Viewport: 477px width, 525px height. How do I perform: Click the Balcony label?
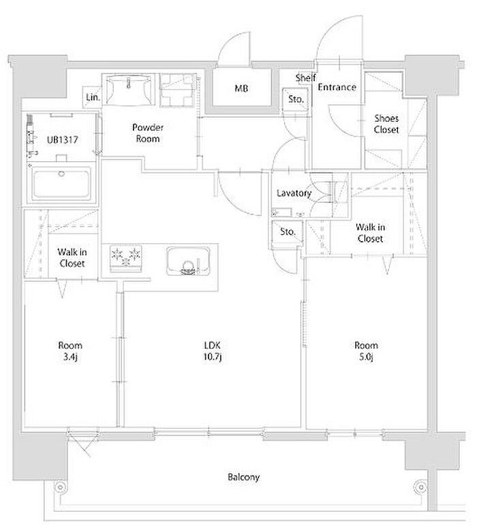(x=244, y=477)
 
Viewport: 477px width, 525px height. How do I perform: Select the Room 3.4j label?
(x=70, y=351)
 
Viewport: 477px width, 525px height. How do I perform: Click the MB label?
(x=241, y=88)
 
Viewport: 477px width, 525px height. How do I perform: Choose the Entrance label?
(x=337, y=87)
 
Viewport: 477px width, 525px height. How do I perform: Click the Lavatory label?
(x=294, y=193)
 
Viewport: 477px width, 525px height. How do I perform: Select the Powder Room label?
(x=147, y=133)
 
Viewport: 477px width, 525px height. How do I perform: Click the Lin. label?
(x=93, y=98)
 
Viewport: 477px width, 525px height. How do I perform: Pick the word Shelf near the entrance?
(x=305, y=78)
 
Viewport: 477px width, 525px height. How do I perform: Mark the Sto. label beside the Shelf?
(x=296, y=99)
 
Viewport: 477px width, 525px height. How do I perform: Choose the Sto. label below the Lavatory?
(x=288, y=232)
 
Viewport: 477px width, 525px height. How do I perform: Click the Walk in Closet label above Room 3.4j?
(x=70, y=257)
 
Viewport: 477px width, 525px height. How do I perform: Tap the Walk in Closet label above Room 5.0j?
(x=370, y=233)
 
